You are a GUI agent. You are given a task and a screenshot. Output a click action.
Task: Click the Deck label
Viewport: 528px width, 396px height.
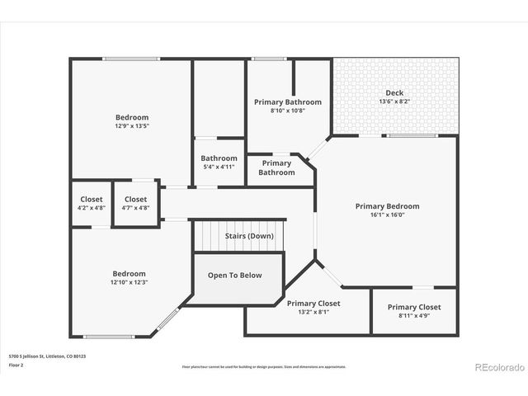[394, 92]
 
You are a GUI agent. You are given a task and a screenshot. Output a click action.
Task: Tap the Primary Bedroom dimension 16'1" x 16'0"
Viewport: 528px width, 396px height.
[387, 215]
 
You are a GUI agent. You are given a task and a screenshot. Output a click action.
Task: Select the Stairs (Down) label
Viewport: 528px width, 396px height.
[249, 236]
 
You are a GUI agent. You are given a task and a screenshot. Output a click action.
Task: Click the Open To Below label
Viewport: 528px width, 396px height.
[234, 276]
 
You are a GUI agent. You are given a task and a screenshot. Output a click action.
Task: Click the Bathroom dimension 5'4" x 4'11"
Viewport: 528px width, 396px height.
[219, 167]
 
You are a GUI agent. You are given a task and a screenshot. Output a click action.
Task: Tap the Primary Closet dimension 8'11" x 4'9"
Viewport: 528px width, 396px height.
[414, 315]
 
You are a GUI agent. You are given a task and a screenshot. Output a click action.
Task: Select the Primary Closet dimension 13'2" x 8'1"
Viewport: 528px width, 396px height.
[313, 312]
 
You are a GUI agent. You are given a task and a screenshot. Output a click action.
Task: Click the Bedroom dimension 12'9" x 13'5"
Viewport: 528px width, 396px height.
[131, 127]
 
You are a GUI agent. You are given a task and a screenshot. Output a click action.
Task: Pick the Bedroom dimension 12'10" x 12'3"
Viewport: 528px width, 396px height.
[129, 282]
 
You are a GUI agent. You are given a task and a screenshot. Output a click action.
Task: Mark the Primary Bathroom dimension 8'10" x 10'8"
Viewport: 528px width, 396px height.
[287, 111]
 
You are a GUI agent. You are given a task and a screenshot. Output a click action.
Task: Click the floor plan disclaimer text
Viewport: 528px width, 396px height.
[263, 366]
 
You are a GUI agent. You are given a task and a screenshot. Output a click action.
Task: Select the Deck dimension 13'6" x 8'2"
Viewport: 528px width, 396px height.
[394, 101]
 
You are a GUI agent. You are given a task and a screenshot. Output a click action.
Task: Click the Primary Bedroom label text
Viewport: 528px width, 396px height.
[387, 206]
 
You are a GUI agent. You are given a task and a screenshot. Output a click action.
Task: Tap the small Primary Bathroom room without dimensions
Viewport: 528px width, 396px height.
[276, 167]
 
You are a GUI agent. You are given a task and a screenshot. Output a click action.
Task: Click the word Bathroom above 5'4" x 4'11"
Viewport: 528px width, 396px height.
[219, 158]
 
